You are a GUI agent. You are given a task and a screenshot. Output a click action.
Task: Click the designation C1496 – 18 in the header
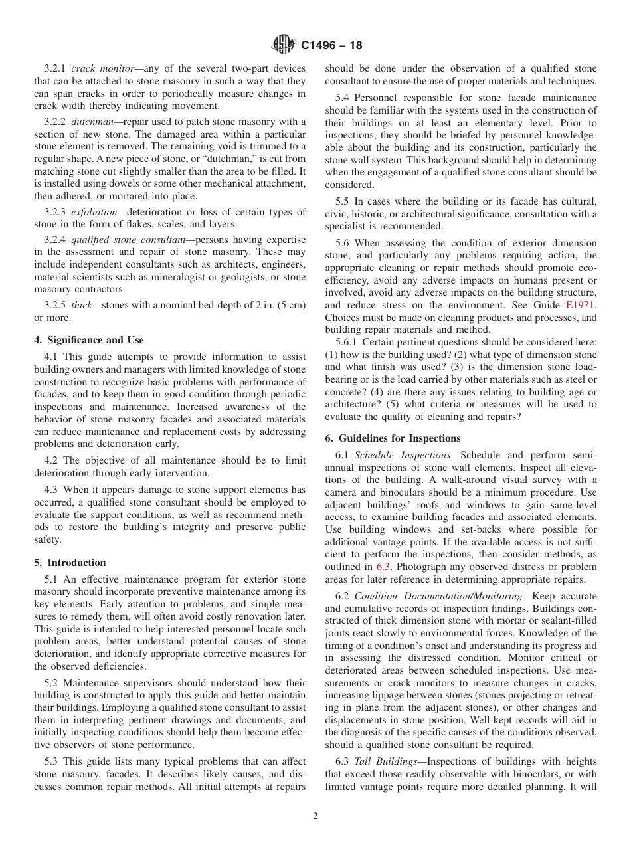click(331, 46)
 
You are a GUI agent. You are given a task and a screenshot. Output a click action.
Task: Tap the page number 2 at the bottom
click(315, 816)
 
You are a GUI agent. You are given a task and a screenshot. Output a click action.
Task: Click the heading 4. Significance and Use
click(88, 340)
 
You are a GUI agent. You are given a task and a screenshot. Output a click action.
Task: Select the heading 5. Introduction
click(70, 562)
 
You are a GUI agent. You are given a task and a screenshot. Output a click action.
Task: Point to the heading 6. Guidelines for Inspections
click(393, 438)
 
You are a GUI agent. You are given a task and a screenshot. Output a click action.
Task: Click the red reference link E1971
click(581, 305)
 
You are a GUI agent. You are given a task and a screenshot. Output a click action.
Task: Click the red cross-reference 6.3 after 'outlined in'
click(383, 567)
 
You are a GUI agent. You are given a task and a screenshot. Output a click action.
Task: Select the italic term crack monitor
click(102, 68)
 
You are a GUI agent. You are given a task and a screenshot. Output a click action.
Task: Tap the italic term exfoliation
click(96, 212)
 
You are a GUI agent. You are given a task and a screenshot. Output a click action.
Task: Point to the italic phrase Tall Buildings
click(387, 761)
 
